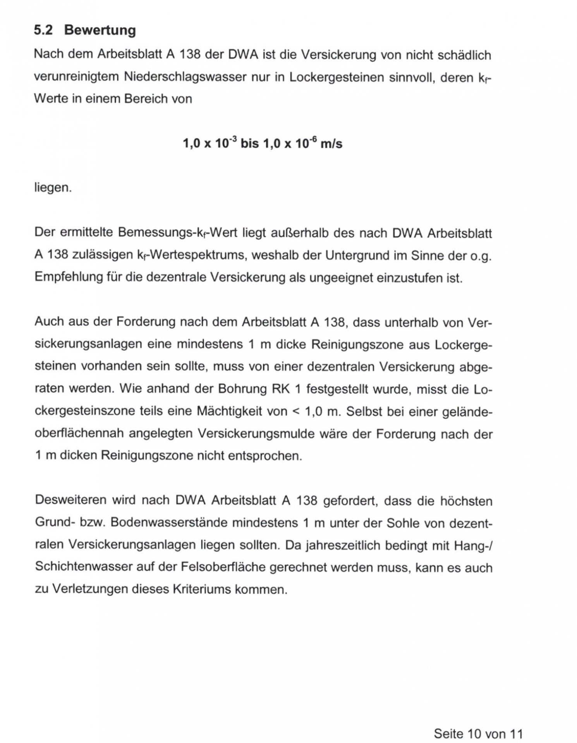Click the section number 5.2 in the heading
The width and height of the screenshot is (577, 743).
(x=43, y=30)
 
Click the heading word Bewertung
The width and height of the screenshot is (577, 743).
(x=100, y=30)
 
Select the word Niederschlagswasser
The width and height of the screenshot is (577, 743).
(x=185, y=77)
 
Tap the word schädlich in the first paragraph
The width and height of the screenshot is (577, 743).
(x=464, y=55)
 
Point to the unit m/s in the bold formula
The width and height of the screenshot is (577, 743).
(x=331, y=144)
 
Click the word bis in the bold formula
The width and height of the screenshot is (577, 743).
(x=249, y=144)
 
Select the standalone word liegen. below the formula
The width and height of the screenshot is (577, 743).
(x=53, y=188)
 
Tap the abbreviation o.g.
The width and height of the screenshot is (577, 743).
(x=480, y=256)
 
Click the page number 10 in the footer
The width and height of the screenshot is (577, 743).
(x=475, y=733)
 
